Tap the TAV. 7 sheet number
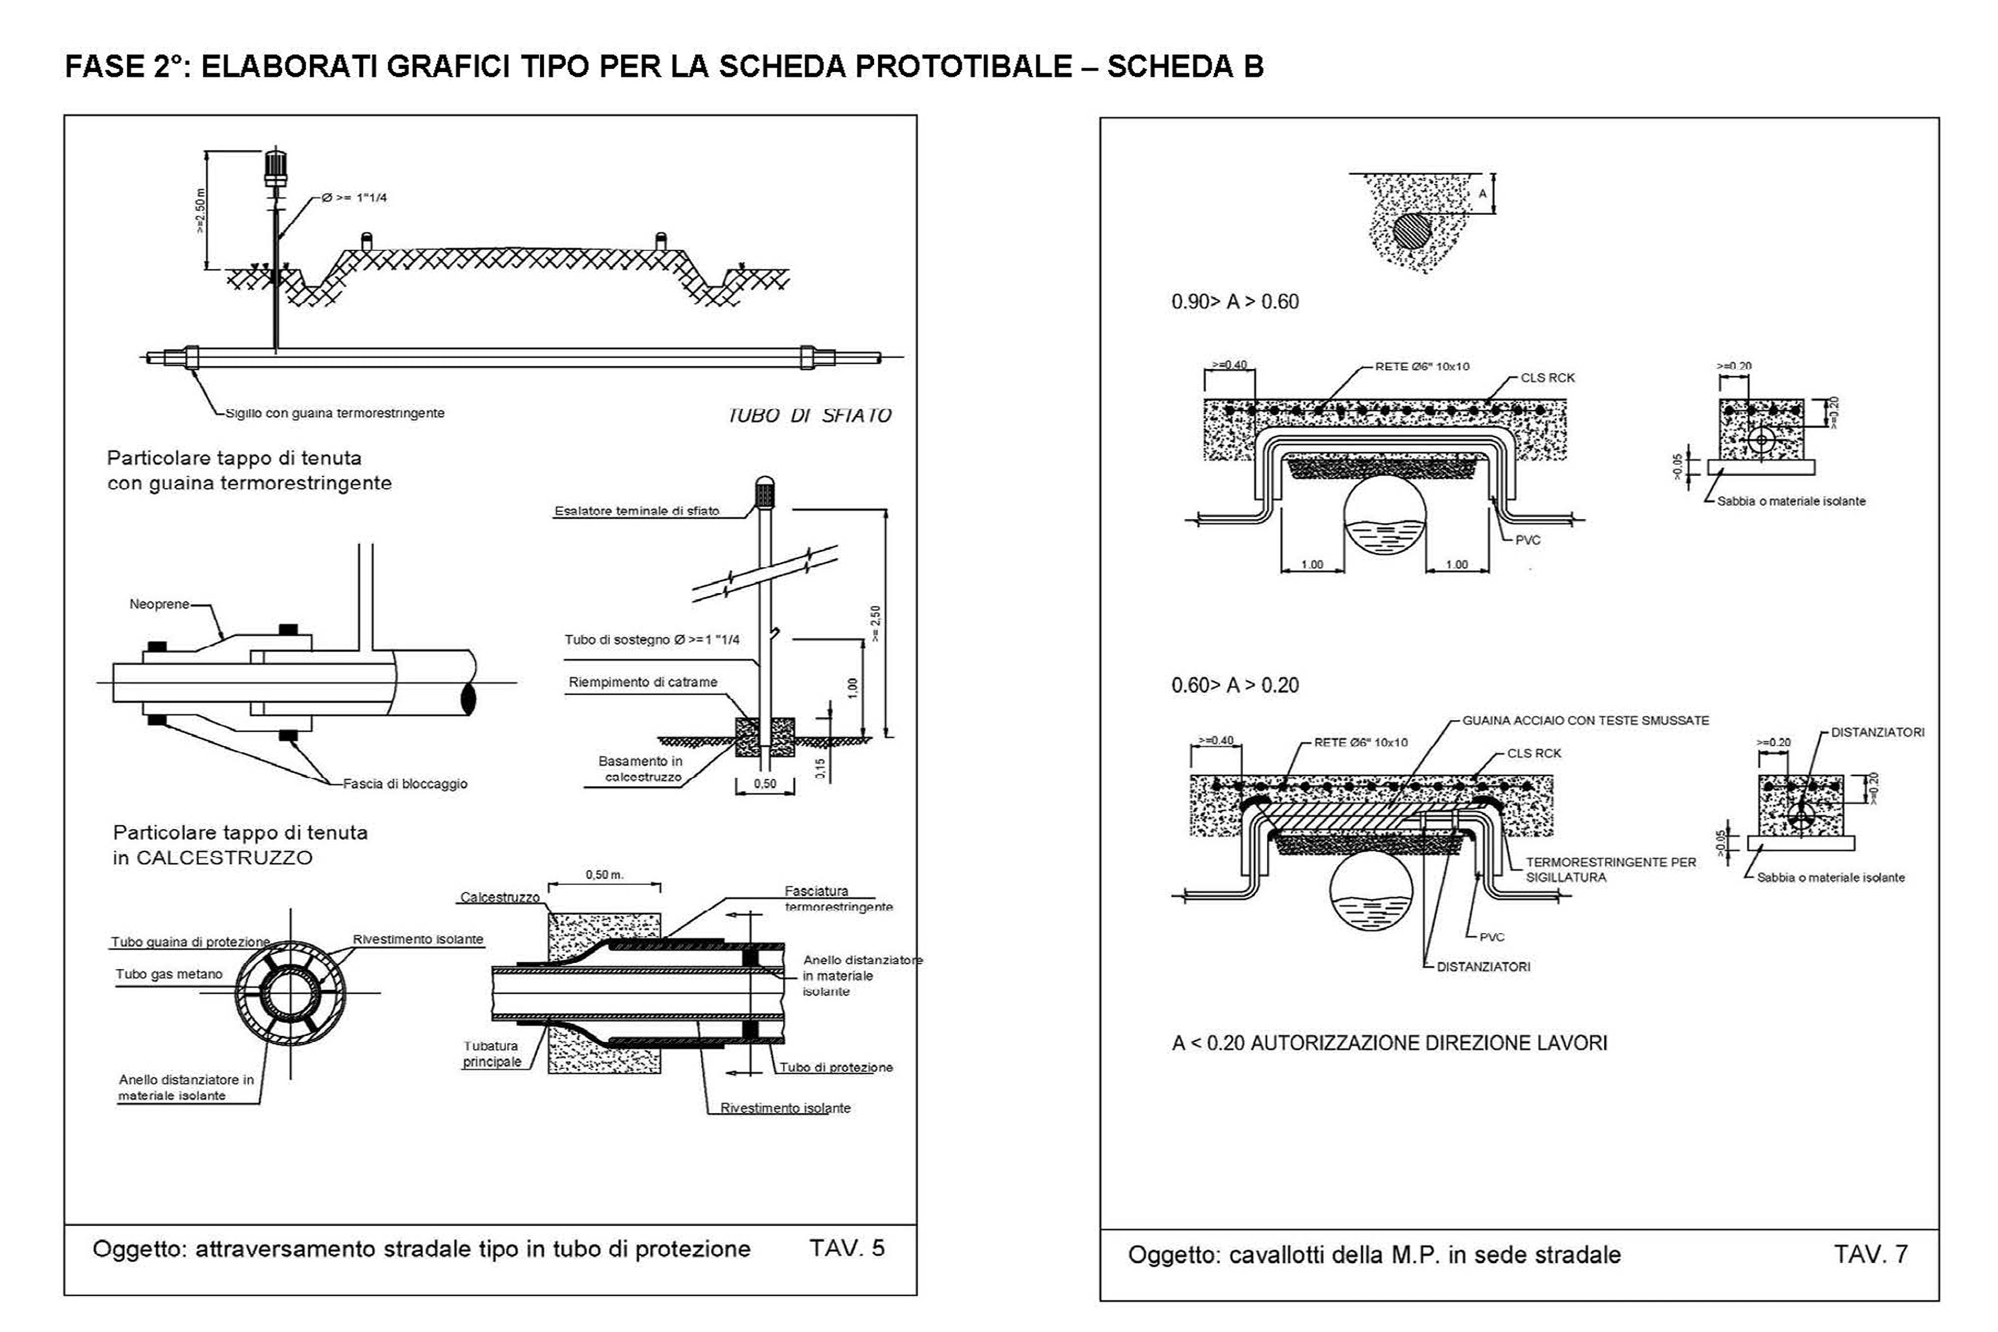click(x=1871, y=1254)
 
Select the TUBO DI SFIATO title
click(x=809, y=416)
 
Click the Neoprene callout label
click(x=159, y=604)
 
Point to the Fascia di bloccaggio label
click(x=404, y=783)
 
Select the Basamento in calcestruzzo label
click(x=641, y=769)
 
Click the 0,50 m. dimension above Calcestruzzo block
click(x=604, y=874)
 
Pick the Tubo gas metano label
click(x=169, y=974)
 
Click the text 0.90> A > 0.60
click(x=1234, y=302)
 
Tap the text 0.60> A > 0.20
click(x=1234, y=685)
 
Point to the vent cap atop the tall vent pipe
click(x=275, y=166)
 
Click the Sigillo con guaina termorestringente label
click(x=335, y=413)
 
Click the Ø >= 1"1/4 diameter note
click(x=354, y=198)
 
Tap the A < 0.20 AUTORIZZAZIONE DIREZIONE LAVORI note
click(x=1389, y=1042)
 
